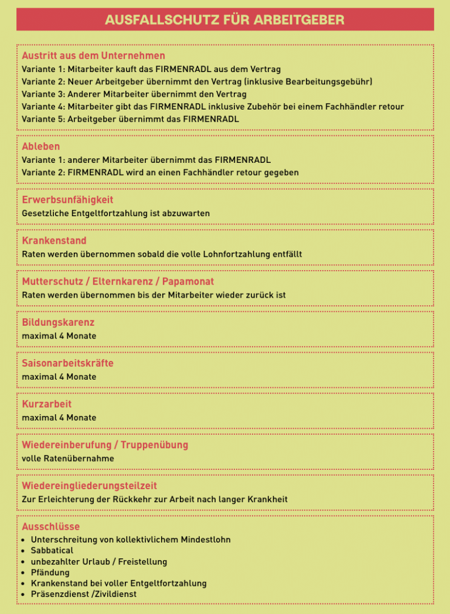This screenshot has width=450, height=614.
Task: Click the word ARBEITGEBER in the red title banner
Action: point(299,20)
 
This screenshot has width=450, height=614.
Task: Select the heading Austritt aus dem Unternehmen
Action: point(93,56)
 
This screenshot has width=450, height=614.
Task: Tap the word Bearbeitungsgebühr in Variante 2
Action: point(328,81)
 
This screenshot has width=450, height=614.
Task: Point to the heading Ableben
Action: point(41,146)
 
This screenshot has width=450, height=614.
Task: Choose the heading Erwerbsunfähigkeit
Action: point(67,200)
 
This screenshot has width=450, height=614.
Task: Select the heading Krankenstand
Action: point(54,241)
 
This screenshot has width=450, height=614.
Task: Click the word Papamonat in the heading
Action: point(188,282)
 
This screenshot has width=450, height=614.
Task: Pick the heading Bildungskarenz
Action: point(58,322)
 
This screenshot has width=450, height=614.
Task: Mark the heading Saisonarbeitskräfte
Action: point(67,363)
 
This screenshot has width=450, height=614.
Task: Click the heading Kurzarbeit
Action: point(47,404)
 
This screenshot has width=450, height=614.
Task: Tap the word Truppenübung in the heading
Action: point(155,445)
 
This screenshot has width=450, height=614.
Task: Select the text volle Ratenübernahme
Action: point(68,458)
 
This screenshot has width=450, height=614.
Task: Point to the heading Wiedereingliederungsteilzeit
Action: point(89,486)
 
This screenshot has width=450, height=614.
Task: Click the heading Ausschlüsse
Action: point(50,527)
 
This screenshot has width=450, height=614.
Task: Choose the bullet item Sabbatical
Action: point(52,551)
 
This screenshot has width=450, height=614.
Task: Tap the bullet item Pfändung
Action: point(50,572)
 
